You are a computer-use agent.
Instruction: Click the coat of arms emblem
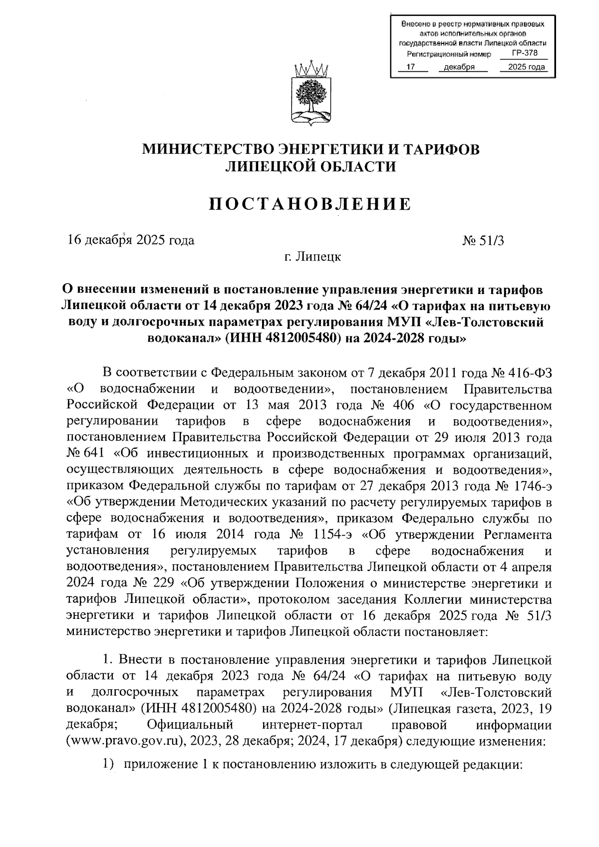click(x=309, y=93)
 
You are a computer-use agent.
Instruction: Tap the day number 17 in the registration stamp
click(x=411, y=67)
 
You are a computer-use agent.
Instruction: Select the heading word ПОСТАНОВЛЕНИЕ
click(x=309, y=204)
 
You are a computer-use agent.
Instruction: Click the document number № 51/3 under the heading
click(x=483, y=241)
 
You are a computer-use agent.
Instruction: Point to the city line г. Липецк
click(x=310, y=257)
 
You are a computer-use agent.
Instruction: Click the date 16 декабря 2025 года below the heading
click(x=131, y=241)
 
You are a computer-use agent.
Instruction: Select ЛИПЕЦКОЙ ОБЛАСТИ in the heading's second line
click(x=310, y=167)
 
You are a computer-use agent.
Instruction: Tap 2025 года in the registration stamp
click(x=523, y=67)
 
